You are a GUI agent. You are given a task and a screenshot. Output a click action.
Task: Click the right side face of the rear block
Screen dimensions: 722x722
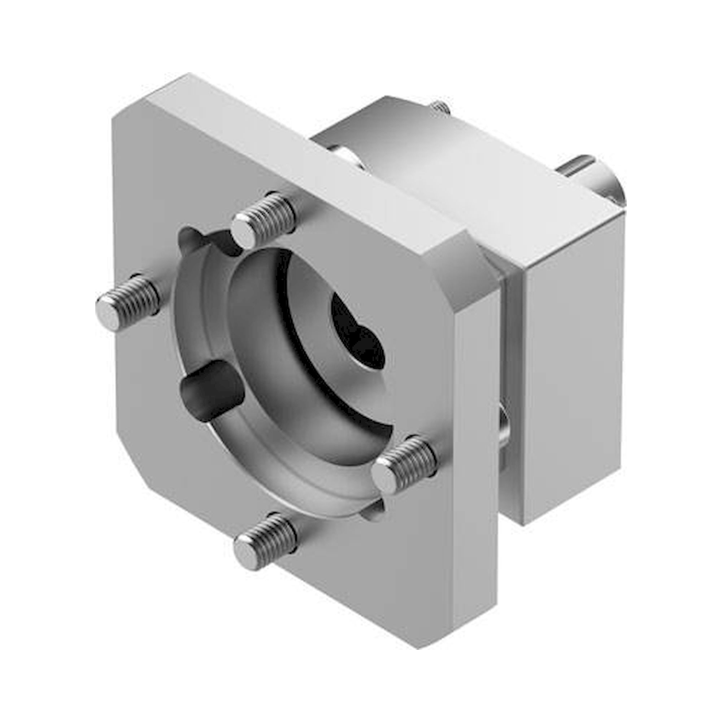574,374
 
